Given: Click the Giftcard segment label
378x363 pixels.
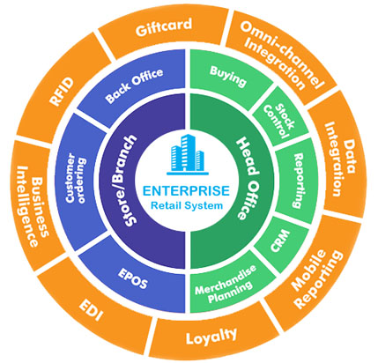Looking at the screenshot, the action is click(x=164, y=26).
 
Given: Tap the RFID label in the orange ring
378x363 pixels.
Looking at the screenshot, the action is click(x=61, y=92).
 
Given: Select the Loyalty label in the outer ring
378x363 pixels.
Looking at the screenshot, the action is click(x=211, y=337).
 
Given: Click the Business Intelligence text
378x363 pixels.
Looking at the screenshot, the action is click(x=33, y=207).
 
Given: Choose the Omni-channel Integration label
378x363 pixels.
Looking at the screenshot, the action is click(x=281, y=56).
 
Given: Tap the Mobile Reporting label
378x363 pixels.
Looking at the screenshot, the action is click(x=316, y=278).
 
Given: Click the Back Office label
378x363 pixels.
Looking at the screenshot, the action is click(x=134, y=85).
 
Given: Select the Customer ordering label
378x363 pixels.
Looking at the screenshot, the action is click(x=76, y=181).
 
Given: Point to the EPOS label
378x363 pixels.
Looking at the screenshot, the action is click(x=132, y=278).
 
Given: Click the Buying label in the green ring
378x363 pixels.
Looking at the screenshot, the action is click(x=228, y=76).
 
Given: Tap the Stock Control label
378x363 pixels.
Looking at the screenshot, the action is click(x=278, y=121).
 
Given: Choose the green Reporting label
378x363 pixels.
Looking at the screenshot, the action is click(x=298, y=181).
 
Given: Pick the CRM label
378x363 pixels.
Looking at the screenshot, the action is click(x=280, y=241).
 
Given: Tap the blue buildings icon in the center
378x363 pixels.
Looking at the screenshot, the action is click(x=188, y=154).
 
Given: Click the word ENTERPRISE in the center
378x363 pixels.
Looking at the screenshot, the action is click(x=186, y=191).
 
